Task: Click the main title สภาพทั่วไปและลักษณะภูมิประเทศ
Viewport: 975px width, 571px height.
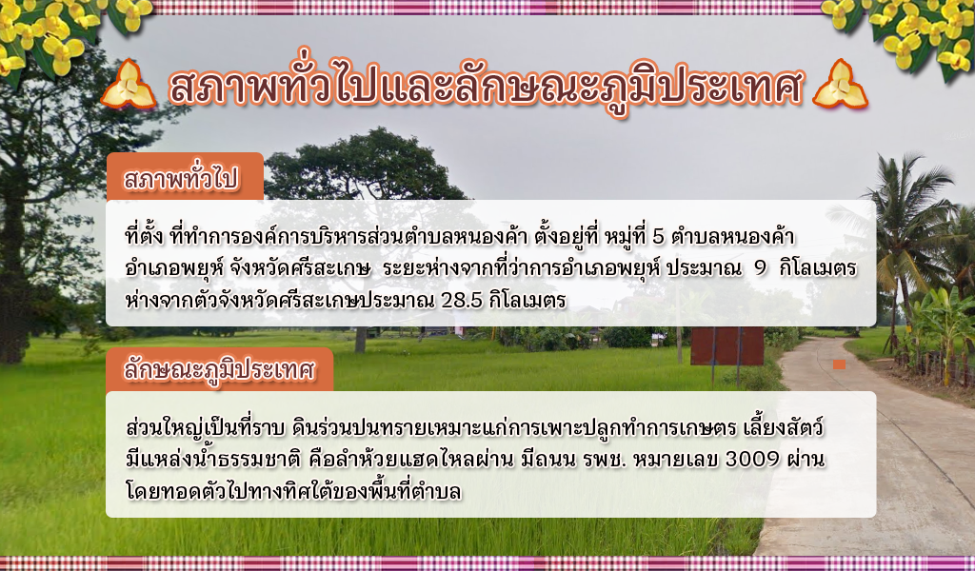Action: (x=487, y=86)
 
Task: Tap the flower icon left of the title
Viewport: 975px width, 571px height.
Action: (x=129, y=85)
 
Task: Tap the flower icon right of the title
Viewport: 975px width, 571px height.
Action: (x=840, y=85)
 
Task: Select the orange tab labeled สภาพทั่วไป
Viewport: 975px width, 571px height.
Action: (x=185, y=176)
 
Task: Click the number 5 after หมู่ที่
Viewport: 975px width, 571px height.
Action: (x=659, y=237)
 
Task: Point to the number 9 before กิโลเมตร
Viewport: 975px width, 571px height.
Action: (x=760, y=268)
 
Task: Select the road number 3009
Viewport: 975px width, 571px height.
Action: (x=752, y=459)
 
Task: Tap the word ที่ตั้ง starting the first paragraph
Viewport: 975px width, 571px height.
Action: (x=145, y=236)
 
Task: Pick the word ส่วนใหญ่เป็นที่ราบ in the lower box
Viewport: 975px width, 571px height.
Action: (x=206, y=428)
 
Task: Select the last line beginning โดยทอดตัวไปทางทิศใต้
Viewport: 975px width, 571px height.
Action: (x=293, y=491)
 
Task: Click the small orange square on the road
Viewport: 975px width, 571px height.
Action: (x=839, y=364)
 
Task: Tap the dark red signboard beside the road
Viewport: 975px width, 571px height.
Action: (x=726, y=346)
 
